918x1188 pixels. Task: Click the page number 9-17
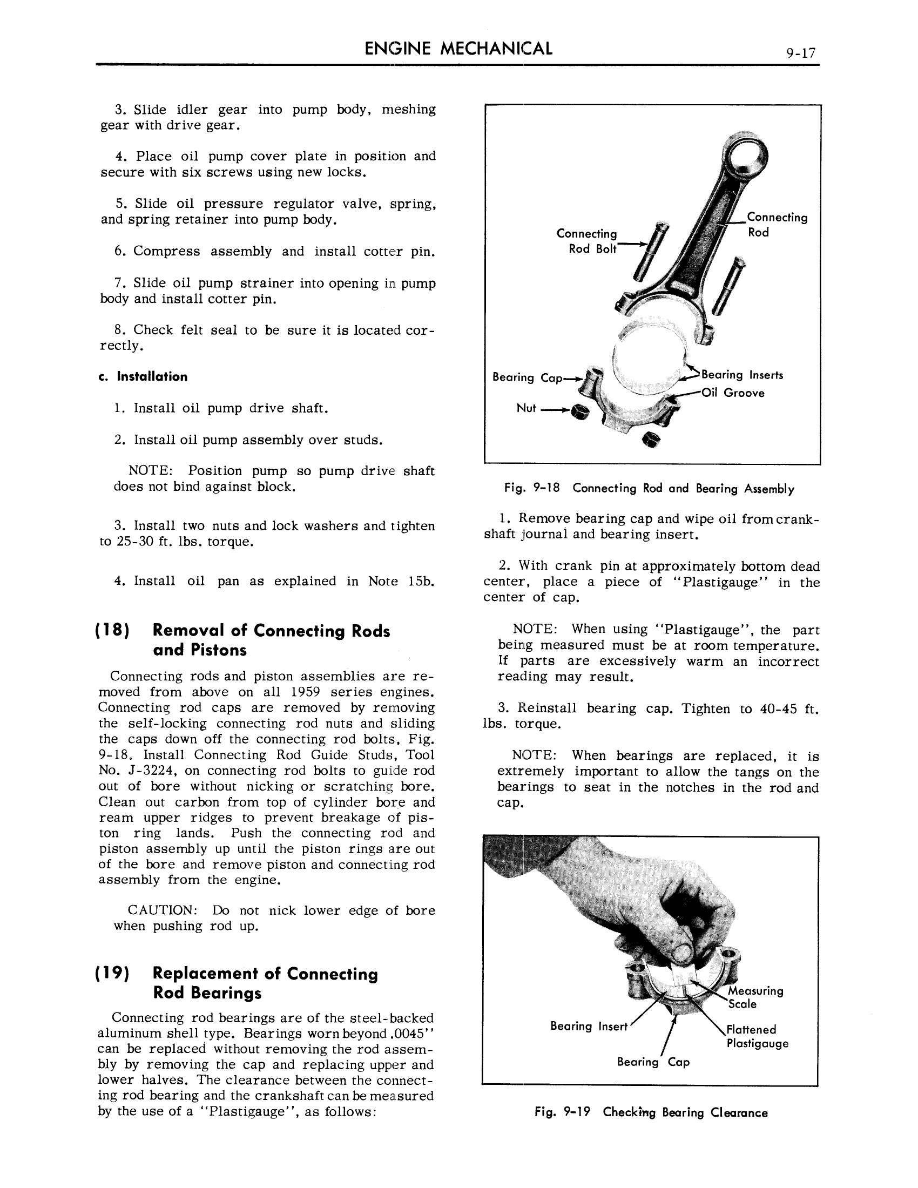point(800,53)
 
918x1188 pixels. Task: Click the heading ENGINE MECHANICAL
point(458,49)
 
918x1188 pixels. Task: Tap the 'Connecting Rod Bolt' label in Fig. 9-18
point(587,241)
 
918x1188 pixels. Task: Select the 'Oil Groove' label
point(733,393)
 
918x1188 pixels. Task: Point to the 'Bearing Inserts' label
point(742,375)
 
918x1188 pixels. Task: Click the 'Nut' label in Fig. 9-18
point(526,408)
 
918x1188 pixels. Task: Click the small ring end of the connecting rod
point(744,157)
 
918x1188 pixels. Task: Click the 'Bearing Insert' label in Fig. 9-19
point(589,1026)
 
